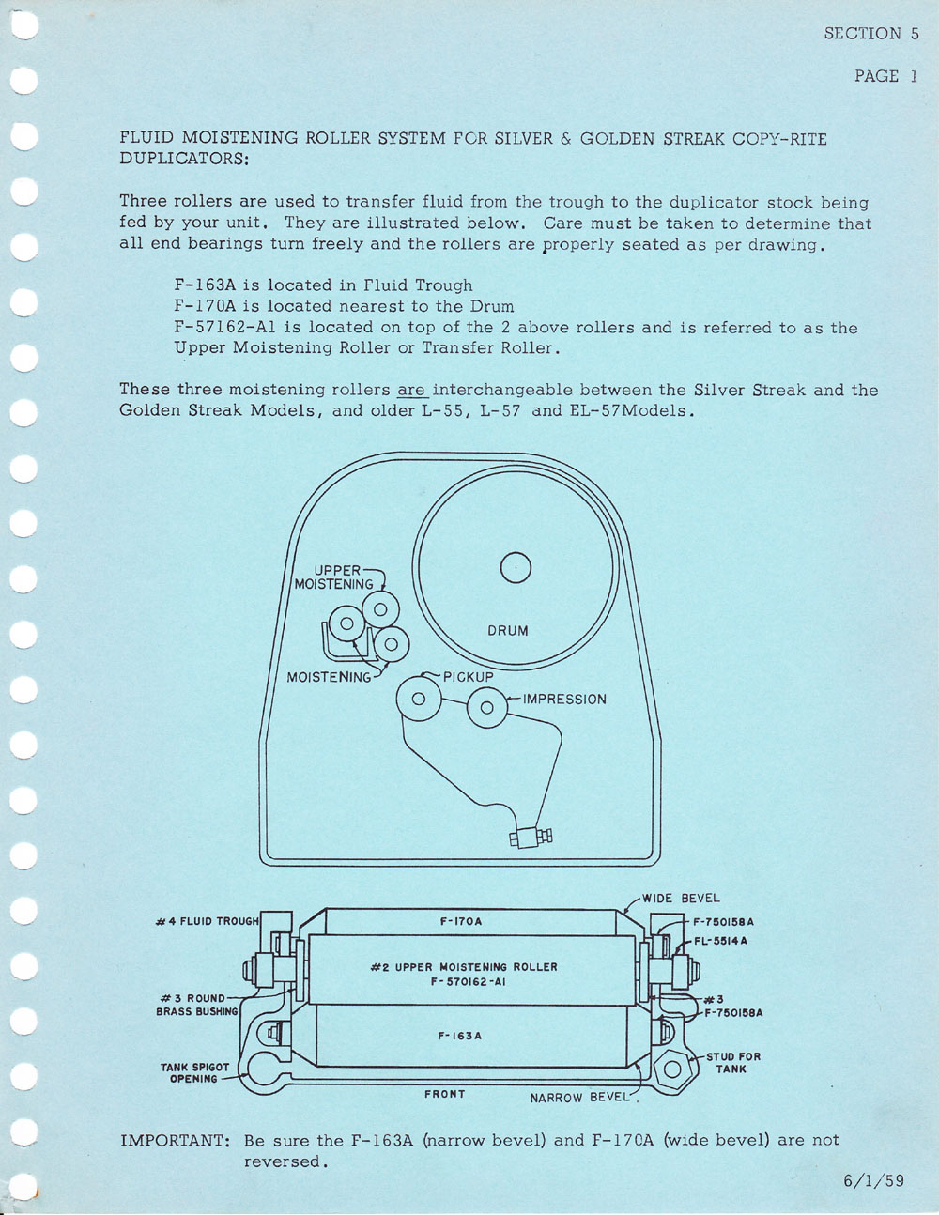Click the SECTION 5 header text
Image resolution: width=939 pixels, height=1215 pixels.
870,34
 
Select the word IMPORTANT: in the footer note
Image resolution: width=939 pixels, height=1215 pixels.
176,1140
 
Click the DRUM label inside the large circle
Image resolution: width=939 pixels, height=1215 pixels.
508,631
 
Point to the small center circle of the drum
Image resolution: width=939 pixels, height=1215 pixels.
516,567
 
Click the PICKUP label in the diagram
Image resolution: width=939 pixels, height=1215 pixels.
468,676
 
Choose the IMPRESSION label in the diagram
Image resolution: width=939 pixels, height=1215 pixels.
564,700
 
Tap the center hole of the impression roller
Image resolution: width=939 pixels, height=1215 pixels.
486,708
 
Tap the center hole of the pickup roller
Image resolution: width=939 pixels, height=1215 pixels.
419,699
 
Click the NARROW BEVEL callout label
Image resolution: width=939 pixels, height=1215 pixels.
580,1098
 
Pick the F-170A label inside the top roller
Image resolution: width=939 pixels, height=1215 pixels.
461,922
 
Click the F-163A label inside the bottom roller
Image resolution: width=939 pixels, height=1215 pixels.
460,1036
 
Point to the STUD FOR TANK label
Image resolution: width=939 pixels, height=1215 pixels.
733,1063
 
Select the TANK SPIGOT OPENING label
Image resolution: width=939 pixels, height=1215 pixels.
194,1073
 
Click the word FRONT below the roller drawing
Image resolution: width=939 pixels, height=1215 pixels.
444,1094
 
